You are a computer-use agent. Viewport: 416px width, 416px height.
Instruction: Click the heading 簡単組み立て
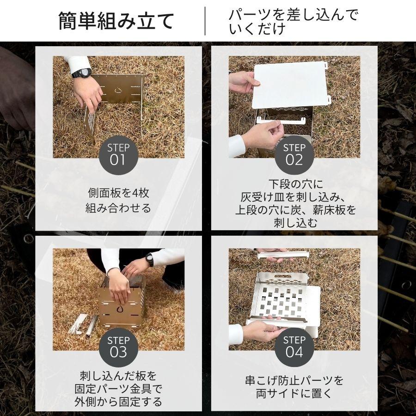116,21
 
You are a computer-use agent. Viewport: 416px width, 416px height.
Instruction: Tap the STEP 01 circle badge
118,155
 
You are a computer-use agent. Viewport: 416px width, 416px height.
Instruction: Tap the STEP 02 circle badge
294,155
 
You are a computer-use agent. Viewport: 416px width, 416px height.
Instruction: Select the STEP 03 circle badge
118,347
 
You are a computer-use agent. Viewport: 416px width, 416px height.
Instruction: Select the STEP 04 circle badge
294,347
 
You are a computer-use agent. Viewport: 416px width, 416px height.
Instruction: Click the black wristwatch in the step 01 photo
81,73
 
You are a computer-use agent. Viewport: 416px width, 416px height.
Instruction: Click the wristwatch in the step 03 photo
149,260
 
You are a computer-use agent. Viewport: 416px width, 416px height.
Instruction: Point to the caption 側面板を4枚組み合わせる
118,200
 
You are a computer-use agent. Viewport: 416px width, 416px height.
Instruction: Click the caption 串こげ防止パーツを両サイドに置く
294,387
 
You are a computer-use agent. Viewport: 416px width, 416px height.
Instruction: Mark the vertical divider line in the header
205,21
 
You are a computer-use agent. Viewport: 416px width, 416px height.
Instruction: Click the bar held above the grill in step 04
283,254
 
